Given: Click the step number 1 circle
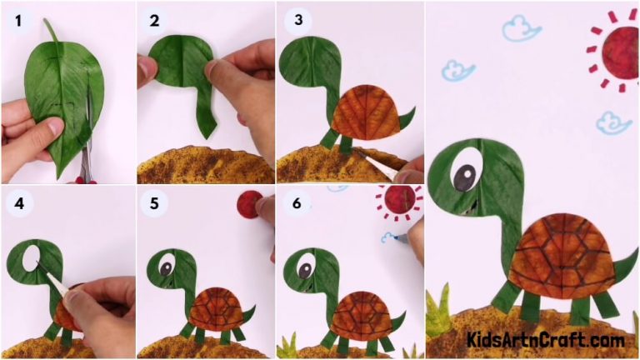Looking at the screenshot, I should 17,19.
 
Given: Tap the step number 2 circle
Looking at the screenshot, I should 154,19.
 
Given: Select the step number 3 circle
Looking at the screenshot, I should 295,19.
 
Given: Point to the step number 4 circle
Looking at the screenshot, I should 17,202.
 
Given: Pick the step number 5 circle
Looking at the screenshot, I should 154,202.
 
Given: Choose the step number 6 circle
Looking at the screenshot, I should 295,202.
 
